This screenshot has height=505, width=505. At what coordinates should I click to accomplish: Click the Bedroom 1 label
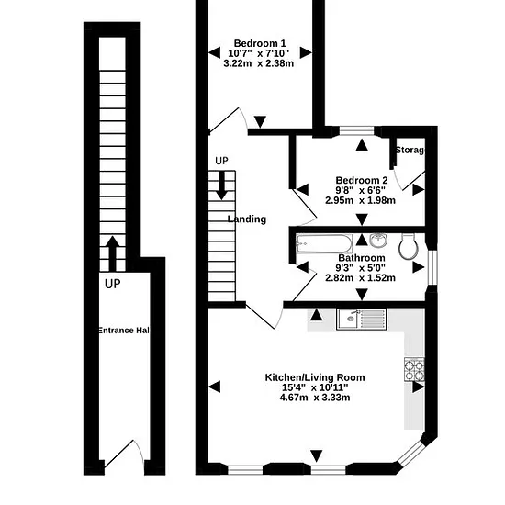point(260,43)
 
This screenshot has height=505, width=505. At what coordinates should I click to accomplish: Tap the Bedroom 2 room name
point(362,180)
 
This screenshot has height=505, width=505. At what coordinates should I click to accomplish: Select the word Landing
point(247,219)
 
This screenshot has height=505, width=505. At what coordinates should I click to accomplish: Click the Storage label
point(410,150)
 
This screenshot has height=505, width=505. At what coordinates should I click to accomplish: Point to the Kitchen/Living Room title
point(315,377)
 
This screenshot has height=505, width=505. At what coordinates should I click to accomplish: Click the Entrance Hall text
point(124,331)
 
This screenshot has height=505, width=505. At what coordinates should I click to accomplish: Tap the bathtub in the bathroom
point(324,244)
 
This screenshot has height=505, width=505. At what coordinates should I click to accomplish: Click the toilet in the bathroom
point(409,246)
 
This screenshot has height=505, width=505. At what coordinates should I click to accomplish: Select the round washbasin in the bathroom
point(378,241)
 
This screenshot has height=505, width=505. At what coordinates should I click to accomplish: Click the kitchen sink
point(361,320)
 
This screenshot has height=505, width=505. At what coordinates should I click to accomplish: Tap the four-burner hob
point(414,369)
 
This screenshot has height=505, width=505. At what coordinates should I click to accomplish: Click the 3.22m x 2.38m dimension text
point(259,63)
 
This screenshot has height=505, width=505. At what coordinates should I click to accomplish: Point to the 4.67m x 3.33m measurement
point(315,398)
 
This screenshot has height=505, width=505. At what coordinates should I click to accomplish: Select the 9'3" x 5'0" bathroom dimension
point(360,267)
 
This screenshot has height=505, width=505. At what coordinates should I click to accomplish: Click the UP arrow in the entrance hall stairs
point(112,253)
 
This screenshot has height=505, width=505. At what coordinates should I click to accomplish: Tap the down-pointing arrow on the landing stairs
point(221,185)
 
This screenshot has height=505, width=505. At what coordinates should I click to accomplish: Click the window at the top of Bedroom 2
point(357,130)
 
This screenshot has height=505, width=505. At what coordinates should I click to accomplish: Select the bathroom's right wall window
point(432,267)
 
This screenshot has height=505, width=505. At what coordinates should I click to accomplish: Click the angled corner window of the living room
point(412,454)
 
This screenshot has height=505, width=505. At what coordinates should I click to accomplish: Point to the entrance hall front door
point(124,455)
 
